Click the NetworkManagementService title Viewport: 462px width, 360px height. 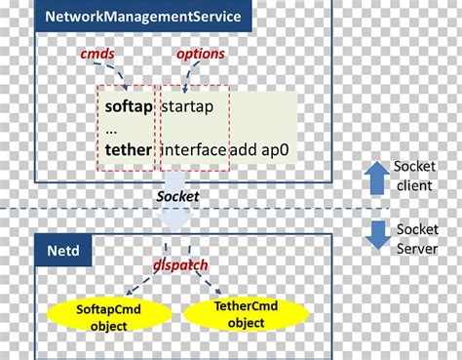142,17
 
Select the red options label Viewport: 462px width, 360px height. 201,55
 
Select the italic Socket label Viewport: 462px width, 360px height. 177,196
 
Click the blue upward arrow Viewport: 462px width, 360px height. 376,177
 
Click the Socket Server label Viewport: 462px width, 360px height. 420,238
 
